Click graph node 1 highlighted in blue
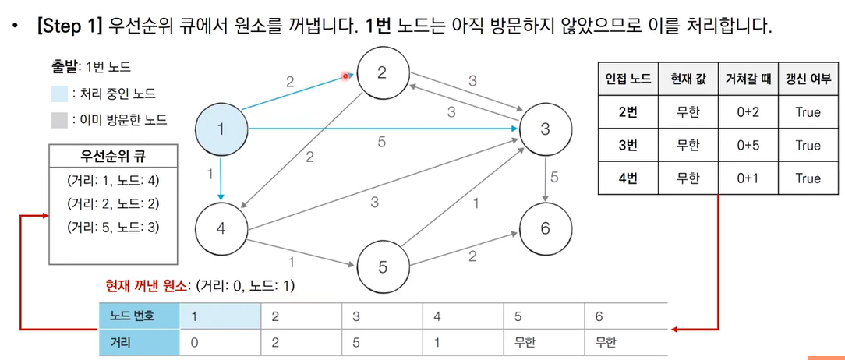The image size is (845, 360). click(221, 129)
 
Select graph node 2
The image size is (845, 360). click(382, 73)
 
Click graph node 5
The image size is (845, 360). click(382, 267)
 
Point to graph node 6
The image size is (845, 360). click(545, 228)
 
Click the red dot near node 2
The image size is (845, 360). click(345, 76)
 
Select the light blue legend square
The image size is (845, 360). click(58, 94)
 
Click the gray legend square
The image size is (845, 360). click(58, 120)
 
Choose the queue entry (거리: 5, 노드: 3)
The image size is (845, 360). click(113, 228)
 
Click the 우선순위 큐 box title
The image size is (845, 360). click(114, 157)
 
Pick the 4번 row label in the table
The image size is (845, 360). click(628, 178)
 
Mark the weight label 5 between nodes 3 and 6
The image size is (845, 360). click(554, 178)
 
